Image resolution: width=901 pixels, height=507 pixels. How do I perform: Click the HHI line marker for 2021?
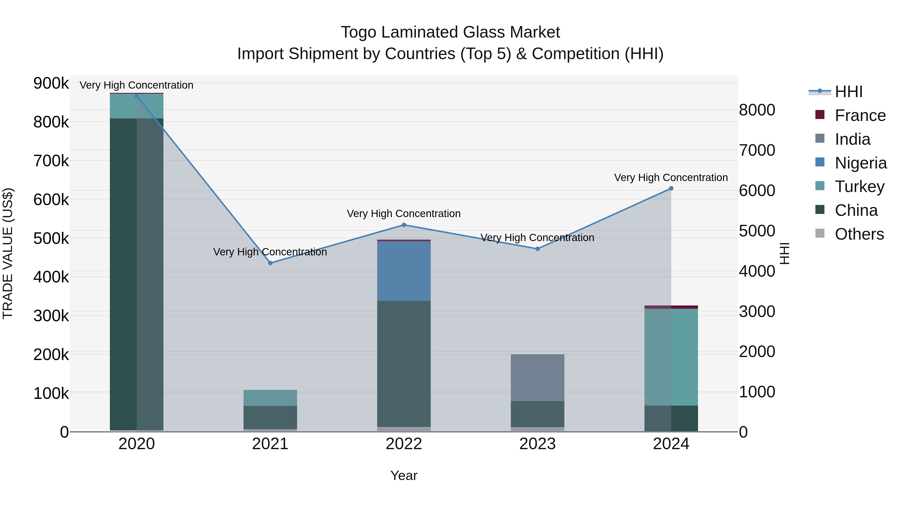[x=270, y=263]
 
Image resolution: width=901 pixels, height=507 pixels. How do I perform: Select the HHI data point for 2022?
[x=404, y=225]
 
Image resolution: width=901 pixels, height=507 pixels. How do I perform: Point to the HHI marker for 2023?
[x=538, y=249]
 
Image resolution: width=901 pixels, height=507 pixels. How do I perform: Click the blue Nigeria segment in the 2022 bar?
[x=404, y=271]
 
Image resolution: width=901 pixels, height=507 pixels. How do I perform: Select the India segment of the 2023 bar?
[x=537, y=378]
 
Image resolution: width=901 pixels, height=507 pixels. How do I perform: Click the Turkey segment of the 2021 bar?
[x=270, y=398]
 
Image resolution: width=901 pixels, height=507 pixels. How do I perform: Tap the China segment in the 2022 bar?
[x=404, y=364]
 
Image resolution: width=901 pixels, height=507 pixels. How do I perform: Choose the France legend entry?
[x=860, y=115]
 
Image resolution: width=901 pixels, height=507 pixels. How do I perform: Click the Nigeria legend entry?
[x=860, y=163]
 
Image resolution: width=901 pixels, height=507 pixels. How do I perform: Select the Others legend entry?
[x=859, y=234]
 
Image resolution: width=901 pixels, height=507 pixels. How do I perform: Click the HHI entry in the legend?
[x=848, y=92]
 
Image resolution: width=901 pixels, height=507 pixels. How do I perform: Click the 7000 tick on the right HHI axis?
[x=757, y=150]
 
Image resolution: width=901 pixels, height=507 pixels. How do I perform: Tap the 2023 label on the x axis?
[x=537, y=444]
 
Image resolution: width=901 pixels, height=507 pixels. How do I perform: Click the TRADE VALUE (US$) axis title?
[x=8, y=253]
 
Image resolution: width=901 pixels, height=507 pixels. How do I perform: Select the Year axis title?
[x=404, y=475]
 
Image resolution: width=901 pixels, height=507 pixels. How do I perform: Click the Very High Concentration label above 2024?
[x=671, y=178]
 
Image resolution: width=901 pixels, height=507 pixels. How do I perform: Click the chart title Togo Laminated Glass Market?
[x=450, y=32]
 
